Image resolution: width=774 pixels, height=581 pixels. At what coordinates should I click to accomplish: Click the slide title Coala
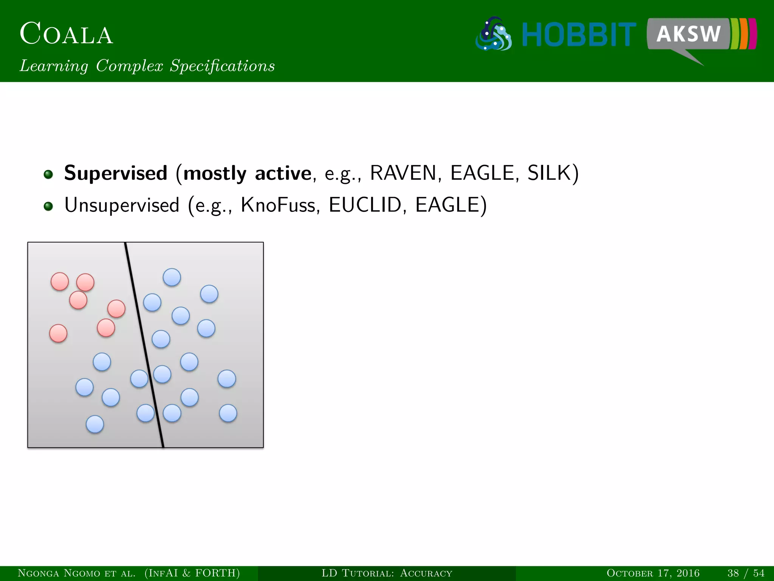66,34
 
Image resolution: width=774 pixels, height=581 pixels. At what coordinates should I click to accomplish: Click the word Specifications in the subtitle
222,66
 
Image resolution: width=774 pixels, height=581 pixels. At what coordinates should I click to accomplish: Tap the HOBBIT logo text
579,35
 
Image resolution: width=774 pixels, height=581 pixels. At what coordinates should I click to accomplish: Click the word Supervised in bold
116,173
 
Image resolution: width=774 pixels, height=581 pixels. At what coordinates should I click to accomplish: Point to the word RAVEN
403,173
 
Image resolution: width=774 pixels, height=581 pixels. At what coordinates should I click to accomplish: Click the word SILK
550,173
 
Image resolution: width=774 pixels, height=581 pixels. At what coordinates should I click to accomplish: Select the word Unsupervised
122,205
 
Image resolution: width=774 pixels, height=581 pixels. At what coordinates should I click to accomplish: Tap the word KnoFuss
278,205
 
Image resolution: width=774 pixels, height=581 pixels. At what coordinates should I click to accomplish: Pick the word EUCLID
365,205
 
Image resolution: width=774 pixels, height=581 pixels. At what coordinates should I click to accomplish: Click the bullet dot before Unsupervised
48,206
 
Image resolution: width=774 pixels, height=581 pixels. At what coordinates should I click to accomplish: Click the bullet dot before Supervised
48,174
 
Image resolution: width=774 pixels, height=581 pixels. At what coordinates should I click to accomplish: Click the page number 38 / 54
746,573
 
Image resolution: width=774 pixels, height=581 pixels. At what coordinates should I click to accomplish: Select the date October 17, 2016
653,573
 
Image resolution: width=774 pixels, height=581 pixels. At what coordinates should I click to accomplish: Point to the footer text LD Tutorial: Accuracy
387,573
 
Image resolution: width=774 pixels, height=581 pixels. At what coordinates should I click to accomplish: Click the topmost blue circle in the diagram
172,277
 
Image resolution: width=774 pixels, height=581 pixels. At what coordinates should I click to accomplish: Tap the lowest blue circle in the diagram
95,424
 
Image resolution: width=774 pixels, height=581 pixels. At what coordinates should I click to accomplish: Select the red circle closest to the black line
116,309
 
